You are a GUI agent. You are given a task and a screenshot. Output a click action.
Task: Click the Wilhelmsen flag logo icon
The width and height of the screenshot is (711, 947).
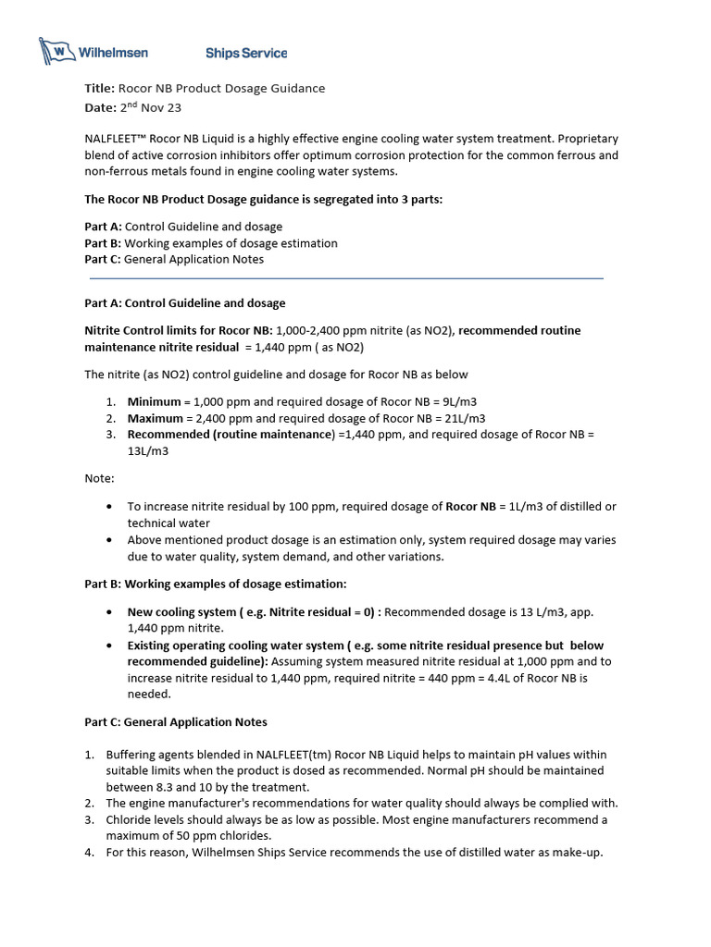click(x=56, y=52)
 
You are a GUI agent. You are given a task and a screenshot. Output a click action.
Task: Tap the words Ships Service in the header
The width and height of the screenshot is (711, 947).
click(x=245, y=54)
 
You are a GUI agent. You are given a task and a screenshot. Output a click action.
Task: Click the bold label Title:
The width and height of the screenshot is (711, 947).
click(x=99, y=89)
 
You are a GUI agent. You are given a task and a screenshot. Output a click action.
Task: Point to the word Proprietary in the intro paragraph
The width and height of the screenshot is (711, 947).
click(x=584, y=139)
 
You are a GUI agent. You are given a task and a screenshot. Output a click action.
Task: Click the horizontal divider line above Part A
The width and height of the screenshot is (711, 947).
click(x=346, y=277)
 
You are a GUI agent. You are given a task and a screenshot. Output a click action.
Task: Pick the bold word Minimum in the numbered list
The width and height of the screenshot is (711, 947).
click(x=154, y=402)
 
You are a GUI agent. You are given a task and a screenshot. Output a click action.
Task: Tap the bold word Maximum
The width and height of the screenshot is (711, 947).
click(x=156, y=419)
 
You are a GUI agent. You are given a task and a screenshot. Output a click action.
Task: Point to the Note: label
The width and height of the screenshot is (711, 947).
click(x=100, y=478)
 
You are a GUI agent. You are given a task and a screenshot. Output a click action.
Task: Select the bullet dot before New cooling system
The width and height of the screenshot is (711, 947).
click(x=110, y=612)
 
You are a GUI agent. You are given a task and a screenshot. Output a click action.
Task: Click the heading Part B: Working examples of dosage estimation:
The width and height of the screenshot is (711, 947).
click(x=216, y=584)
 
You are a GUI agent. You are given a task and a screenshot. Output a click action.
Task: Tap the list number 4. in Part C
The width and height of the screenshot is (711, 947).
click(x=90, y=853)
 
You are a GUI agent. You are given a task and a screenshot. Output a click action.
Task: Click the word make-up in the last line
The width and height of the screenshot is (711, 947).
click(x=577, y=853)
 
